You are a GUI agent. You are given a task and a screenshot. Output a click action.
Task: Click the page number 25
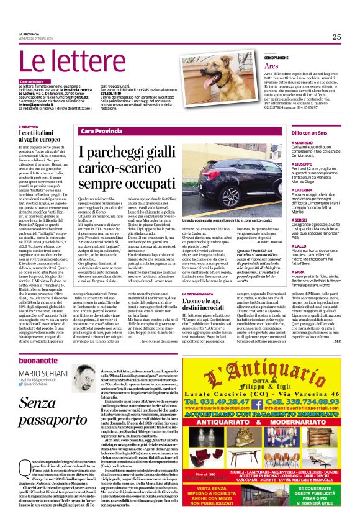[x=336, y=37]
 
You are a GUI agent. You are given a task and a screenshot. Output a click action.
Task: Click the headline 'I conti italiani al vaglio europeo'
[x=44, y=137]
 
